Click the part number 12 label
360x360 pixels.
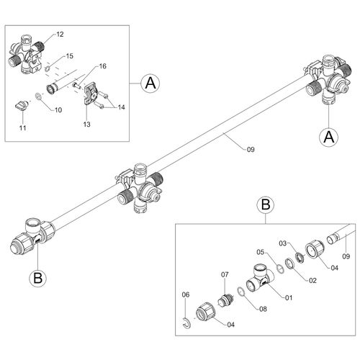coord(60,35)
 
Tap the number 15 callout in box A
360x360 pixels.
coord(69,55)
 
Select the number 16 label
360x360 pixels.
coord(102,66)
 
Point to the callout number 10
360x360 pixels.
coord(59,109)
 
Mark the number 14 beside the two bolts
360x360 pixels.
coord(121,107)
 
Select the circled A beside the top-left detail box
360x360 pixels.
coord(150,84)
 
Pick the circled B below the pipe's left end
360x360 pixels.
coord(37,276)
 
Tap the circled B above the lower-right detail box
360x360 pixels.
coord(265,206)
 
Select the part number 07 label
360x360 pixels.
coord(224,274)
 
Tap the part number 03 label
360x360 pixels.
coord(284,244)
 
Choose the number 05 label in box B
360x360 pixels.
coord(262,252)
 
